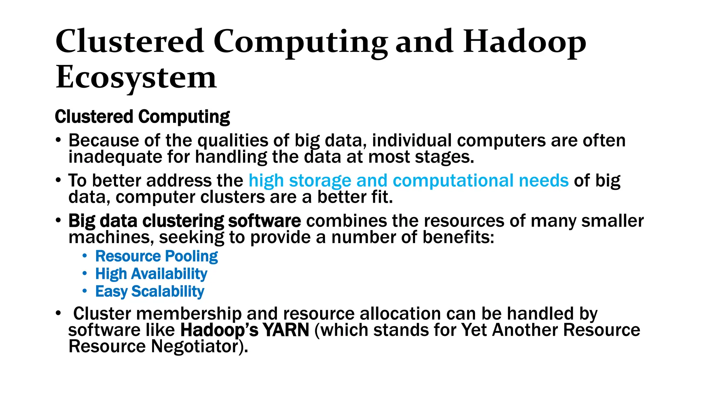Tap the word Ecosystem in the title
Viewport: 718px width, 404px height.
coord(136,78)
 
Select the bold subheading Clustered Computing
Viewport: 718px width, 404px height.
coord(142,117)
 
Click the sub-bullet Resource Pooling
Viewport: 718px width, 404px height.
coord(156,256)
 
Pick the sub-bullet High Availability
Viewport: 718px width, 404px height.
coord(151,274)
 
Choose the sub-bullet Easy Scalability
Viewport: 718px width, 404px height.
coord(150,291)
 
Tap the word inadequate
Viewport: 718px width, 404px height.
coord(115,157)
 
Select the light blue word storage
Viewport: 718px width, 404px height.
coord(320,181)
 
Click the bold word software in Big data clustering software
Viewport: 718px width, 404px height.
coord(264,221)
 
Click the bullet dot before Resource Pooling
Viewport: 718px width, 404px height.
coord(84,256)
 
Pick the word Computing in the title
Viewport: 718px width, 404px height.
coord(300,42)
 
